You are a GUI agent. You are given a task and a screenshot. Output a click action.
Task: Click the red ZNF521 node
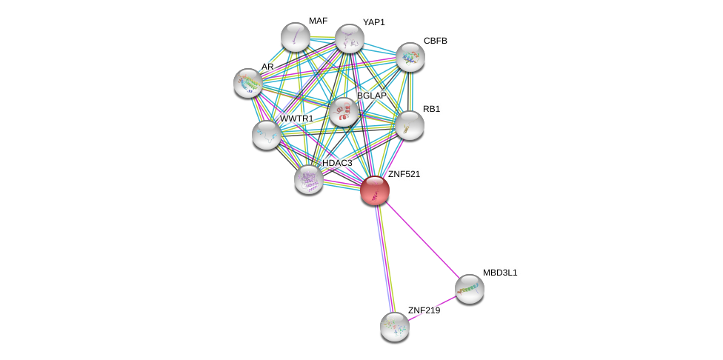tap(375, 190)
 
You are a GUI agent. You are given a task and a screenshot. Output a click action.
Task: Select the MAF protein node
tap(295, 37)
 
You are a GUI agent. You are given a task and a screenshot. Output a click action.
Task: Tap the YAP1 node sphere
tap(349, 39)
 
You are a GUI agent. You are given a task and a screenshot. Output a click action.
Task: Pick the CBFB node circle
tap(410, 57)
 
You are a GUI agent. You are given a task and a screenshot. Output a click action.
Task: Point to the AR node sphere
tap(247, 83)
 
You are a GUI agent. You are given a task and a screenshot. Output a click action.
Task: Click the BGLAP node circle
tap(343, 112)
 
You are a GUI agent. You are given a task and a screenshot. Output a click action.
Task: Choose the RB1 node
tap(409, 125)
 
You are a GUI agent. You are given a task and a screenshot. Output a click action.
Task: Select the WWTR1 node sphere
tap(266, 135)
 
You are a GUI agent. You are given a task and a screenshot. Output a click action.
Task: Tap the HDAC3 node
tap(308, 179)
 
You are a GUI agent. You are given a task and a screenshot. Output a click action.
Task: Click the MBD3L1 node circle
tap(469, 289)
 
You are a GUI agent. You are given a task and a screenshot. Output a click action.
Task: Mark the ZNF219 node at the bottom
tap(394, 327)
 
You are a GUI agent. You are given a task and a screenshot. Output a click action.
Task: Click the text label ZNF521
tap(404, 174)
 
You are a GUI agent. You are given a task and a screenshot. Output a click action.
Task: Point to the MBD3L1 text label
tap(500, 273)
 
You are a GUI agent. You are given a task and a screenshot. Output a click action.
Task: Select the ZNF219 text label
tap(424, 310)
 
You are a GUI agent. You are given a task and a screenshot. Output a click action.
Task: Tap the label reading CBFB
tap(436, 41)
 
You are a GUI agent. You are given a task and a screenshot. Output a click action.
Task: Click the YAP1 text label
tap(373, 22)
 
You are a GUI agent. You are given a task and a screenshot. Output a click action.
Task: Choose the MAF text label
tap(318, 21)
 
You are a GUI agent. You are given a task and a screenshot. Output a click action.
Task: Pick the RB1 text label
tap(431, 109)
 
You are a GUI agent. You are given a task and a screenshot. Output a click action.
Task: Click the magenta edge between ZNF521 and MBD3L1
tap(422, 240)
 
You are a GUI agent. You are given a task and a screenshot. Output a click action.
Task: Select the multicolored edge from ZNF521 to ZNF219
tap(384, 259)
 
